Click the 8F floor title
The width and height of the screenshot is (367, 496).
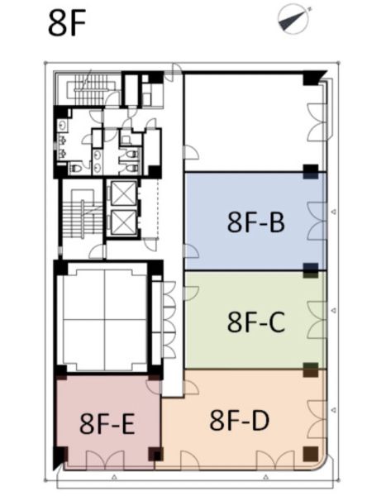67,23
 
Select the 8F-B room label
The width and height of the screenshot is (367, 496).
256,222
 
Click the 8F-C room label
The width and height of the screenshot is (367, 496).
256,322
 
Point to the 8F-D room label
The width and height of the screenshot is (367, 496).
240,420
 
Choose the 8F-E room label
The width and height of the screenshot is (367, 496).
107,424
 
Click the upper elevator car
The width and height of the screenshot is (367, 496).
124,193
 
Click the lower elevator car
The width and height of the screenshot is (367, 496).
124,222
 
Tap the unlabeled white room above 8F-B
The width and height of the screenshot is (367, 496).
247,122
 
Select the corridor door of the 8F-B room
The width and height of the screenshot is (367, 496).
192,251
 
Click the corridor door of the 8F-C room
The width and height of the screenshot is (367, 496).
192,293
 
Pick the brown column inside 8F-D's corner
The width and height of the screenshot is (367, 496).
310,454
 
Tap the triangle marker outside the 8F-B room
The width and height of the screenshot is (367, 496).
333,212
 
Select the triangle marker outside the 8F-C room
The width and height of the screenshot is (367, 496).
333,311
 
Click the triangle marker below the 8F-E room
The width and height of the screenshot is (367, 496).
114,477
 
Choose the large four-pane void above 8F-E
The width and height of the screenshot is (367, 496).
105,319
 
